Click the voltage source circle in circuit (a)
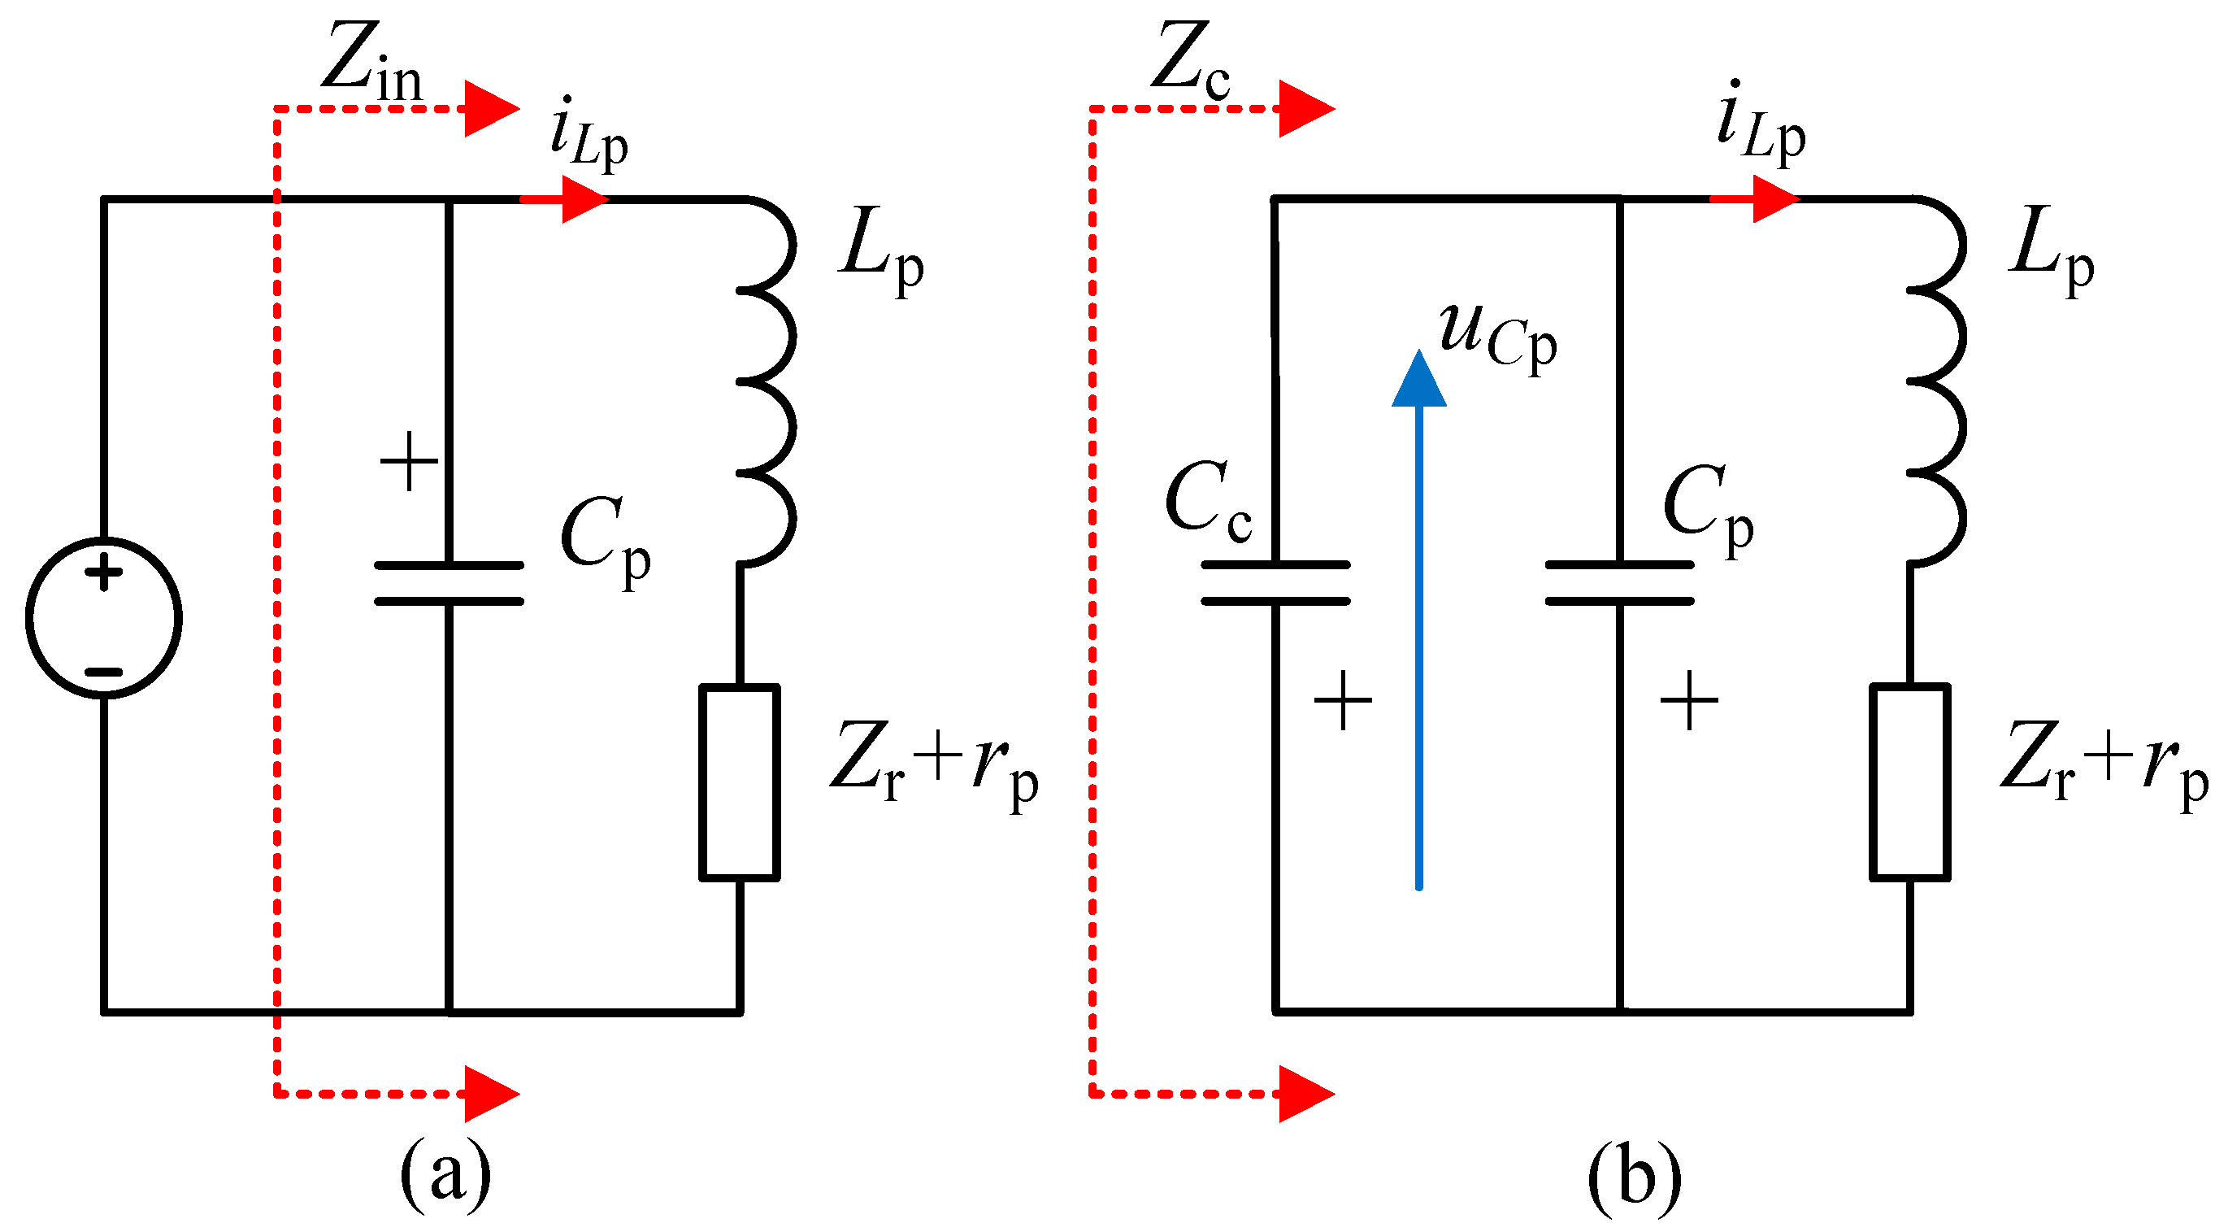coord(104,618)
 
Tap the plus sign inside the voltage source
coord(104,572)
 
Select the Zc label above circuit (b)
coord(1190,60)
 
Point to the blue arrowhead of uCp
coord(1418,381)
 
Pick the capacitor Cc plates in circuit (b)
coord(1275,583)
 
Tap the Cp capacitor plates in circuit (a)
coord(448,583)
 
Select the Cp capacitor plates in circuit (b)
coord(1619,583)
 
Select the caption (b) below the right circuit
coord(1634,1177)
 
